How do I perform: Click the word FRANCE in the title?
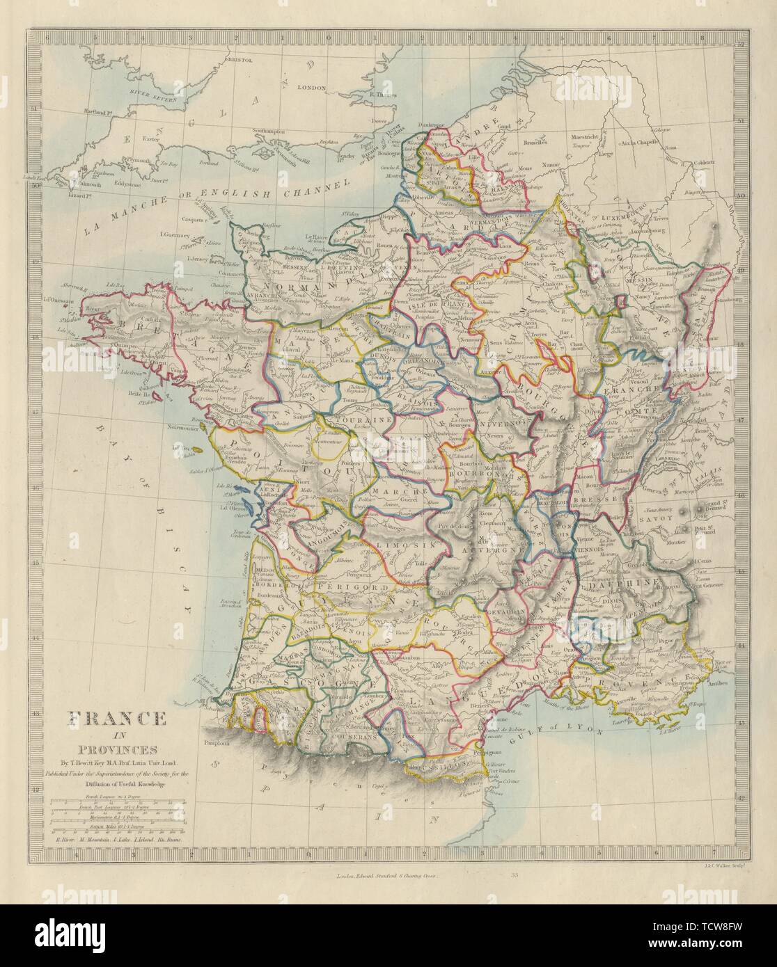click(116, 720)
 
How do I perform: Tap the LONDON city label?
click(312, 88)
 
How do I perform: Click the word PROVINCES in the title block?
click(116, 749)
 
